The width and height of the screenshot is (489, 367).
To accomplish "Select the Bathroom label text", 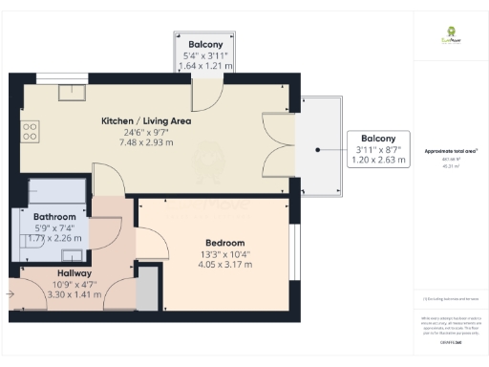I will point(54,217).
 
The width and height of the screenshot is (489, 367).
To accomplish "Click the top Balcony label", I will point(205,44).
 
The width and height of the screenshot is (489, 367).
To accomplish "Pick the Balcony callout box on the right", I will point(378,147).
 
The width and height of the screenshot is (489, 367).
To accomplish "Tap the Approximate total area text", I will point(451,151).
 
